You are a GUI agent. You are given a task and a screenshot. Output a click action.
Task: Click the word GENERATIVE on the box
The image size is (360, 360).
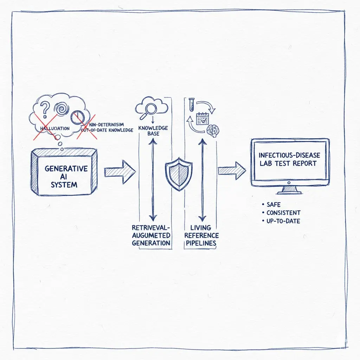click(66, 168)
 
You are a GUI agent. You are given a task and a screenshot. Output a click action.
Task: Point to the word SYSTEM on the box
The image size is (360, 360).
click(64, 184)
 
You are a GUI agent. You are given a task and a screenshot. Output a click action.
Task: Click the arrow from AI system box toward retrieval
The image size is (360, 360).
click(120, 172)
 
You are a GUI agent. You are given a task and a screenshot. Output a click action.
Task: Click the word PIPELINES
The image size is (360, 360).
click(202, 243)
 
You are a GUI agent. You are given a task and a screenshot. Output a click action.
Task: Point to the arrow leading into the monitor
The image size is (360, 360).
click(232, 171)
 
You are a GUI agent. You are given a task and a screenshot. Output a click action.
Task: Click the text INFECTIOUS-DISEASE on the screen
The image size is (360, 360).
click(289, 155)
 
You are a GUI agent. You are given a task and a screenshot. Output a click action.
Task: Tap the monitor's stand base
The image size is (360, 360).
click(289, 192)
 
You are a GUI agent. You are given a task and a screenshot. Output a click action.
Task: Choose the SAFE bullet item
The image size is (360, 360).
click(274, 204)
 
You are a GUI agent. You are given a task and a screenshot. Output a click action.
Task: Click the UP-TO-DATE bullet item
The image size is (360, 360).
click(283, 221)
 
